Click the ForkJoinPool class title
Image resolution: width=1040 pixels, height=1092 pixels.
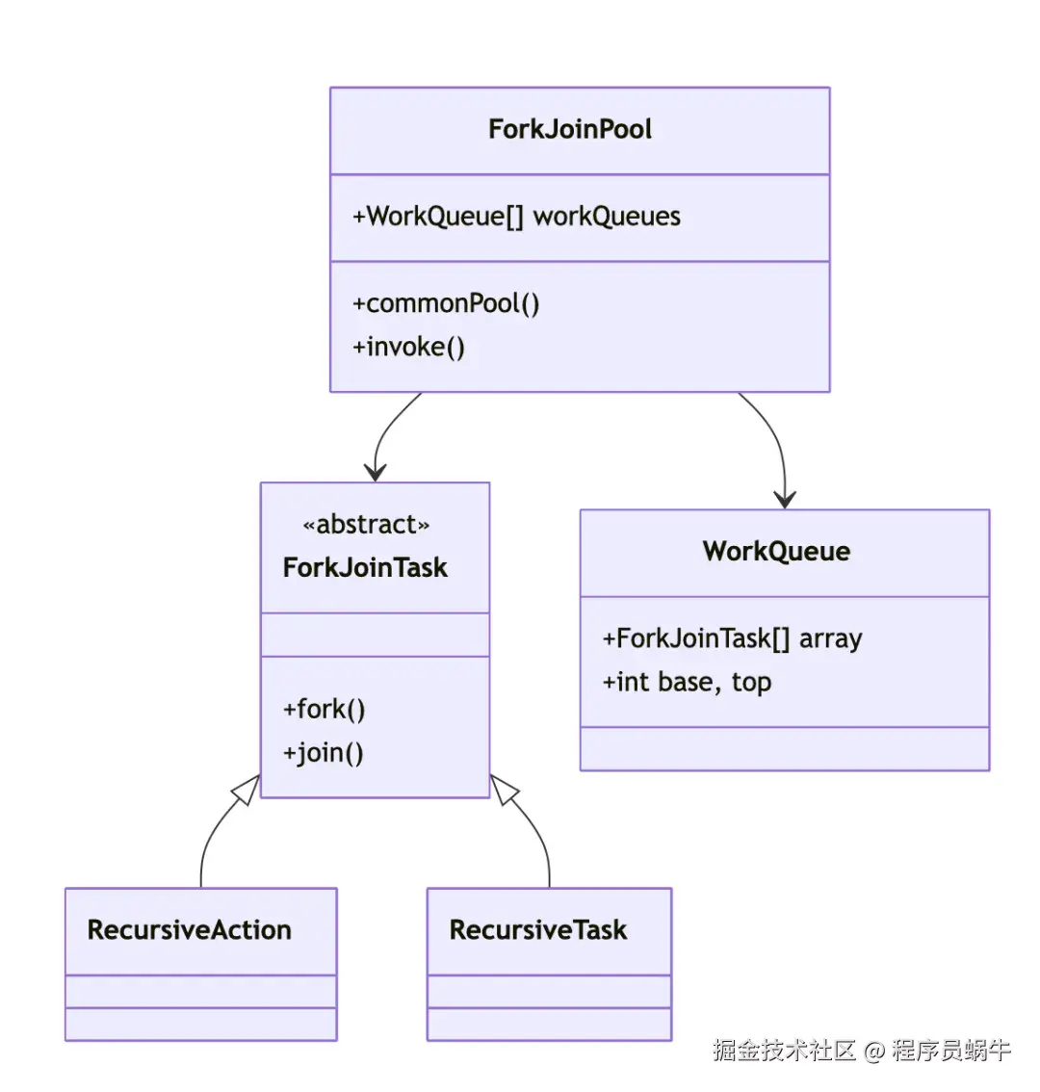(x=570, y=130)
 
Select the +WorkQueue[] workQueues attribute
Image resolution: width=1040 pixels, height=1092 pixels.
(x=516, y=217)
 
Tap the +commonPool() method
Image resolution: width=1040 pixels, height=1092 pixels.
(x=446, y=304)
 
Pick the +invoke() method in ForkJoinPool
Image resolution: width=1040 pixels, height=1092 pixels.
(x=408, y=347)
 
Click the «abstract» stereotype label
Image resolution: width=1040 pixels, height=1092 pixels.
(x=366, y=525)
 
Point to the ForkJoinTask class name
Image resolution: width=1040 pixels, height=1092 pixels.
(x=365, y=567)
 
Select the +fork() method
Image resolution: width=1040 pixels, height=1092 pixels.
(x=324, y=710)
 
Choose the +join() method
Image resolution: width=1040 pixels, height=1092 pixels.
(x=323, y=753)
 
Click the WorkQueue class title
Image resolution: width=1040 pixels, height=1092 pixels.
(x=776, y=552)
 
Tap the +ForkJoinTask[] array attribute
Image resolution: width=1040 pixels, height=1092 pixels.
(x=732, y=638)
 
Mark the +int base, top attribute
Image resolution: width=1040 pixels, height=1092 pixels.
(x=687, y=683)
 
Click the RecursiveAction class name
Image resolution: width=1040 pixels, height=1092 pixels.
(x=190, y=930)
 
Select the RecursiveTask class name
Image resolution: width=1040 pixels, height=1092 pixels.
(x=538, y=930)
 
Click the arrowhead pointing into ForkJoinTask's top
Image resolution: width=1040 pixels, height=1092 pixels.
(x=375, y=472)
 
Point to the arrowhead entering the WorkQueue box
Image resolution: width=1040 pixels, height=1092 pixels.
(x=785, y=499)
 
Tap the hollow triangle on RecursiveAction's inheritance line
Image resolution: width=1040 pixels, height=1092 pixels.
(x=247, y=789)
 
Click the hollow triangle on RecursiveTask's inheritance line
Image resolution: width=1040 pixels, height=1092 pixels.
(x=504, y=789)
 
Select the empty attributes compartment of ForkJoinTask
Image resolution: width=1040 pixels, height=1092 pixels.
(x=375, y=635)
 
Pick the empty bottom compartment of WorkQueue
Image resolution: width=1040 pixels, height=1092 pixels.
(x=784, y=748)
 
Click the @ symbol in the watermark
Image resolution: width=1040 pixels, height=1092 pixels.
(x=873, y=1051)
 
